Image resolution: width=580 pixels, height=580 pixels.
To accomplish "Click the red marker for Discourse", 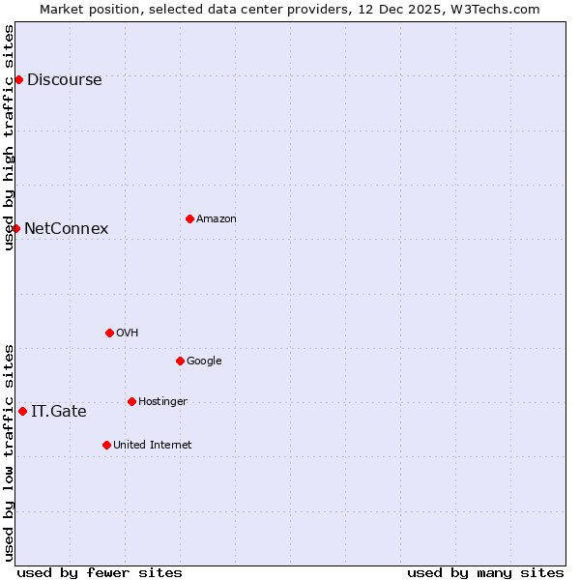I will click(18, 79).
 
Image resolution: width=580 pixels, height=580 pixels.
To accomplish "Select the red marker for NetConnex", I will click(15, 228).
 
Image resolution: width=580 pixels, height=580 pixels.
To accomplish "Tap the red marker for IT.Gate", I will click(22, 411).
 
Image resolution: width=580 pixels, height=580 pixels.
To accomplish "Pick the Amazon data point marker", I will click(189, 218).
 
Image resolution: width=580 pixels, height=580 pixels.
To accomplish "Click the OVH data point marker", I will click(109, 333).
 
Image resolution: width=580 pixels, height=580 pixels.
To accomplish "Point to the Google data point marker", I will click(180, 361).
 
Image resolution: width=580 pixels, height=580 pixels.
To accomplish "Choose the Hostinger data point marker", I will click(131, 401).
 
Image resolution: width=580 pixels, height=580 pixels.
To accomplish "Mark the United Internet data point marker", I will click(106, 445).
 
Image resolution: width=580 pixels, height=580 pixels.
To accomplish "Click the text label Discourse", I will click(64, 80).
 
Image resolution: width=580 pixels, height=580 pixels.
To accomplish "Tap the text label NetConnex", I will click(66, 229).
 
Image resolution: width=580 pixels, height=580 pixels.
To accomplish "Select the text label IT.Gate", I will click(58, 412).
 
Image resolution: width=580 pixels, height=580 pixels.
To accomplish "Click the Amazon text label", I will click(217, 219).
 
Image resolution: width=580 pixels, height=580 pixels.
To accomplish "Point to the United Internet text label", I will click(152, 446).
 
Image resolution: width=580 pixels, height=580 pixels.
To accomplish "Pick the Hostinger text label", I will click(162, 402).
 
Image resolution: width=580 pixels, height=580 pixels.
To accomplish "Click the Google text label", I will click(204, 362).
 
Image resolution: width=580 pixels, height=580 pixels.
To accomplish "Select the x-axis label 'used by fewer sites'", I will click(100, 572).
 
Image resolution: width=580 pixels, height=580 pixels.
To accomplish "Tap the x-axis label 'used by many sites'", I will click(485, 572).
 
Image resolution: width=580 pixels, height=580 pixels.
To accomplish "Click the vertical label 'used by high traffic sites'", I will click(9, 137).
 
